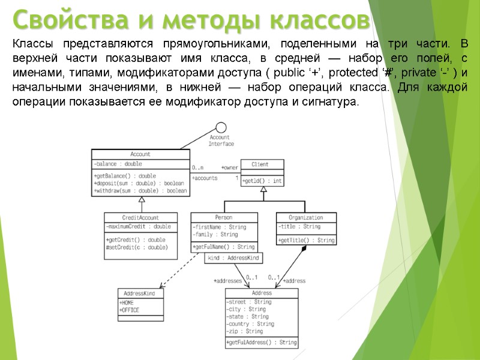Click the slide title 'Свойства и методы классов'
tap(191, 20)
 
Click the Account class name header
tap(140, 154)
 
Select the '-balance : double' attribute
tap(118, 164)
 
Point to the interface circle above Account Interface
tap(221, 127)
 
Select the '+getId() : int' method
tap(262, 181)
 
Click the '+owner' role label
tap(230, 167)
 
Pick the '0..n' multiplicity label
tap(197, 167)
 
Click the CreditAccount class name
tap(140, 217)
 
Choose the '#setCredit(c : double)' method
tap(136, 247)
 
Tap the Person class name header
tap(224, 217)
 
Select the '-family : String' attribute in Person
tap(215, 235)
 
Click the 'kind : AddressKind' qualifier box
tap(234, 257)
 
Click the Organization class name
tap(305, 217)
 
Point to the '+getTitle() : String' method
tap(306, 241)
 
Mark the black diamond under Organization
tap(304, 248)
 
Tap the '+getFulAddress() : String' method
tap(261, 343)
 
